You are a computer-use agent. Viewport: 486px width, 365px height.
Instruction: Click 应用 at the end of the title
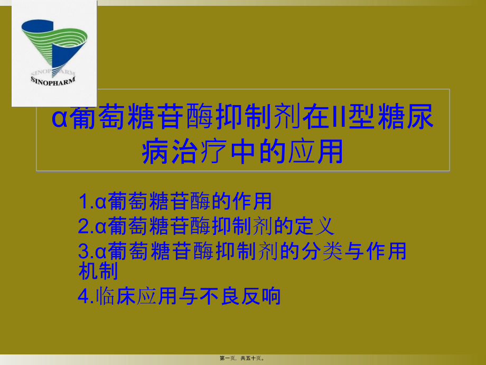click(316, 150)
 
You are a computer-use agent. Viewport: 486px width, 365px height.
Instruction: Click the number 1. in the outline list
click(86, 202)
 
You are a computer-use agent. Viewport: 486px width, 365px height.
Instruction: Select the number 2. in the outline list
click(86, 227)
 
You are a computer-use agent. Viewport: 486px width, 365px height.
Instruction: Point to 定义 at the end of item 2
click(320, 227)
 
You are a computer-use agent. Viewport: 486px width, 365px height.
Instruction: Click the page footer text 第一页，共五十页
click(242, 358)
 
